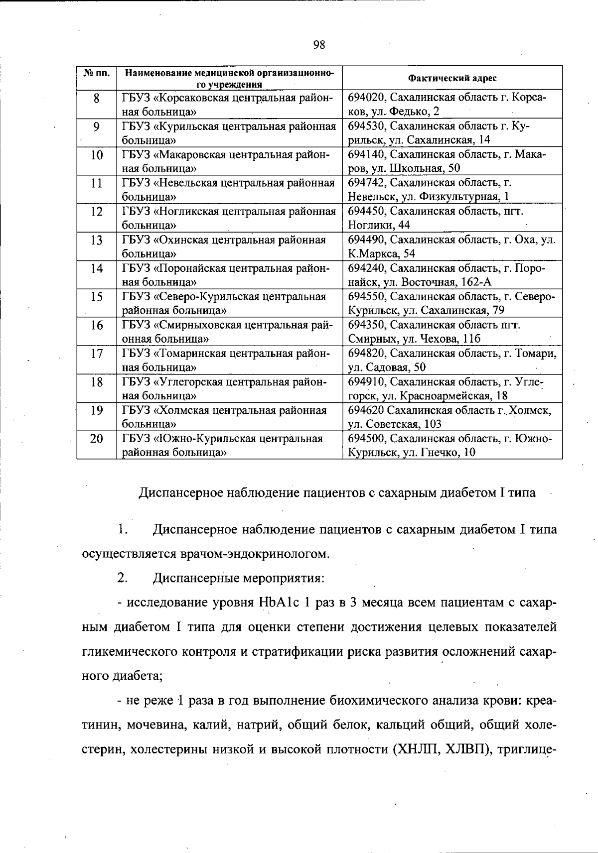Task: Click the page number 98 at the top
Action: point(319,45)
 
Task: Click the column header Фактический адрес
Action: point(452,78)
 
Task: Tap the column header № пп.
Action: point(97,74)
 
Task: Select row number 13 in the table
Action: point(97,241)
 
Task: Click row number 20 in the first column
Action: point(97,439)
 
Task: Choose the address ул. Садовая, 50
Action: point(387,367)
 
